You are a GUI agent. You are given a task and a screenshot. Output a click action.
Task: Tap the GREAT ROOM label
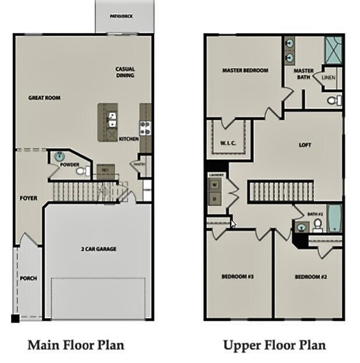coord(44,98)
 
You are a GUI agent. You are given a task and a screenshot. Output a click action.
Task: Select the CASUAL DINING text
coord(125,72)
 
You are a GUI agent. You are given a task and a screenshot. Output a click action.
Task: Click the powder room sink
coord(61,156)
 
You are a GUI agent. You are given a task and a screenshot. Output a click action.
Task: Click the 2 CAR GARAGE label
coord(98,249)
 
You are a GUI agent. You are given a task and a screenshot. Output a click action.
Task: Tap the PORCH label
coord(28,278)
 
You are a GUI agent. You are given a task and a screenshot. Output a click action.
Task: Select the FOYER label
coord(29,198)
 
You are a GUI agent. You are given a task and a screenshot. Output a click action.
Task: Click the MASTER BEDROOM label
coord(245,70)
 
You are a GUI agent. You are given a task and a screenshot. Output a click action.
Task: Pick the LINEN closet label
coord(328,78)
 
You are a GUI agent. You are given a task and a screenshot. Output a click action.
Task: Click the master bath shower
coord(333,46)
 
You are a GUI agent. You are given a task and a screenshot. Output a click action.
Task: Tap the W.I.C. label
coord(227,143)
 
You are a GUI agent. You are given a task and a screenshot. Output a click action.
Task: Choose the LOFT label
coord(306,145)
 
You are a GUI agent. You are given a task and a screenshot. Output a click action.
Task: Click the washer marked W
coord(214,185)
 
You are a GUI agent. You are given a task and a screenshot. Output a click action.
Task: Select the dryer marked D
coord(214,198)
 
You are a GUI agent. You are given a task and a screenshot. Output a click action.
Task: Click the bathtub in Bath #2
coord(335,218)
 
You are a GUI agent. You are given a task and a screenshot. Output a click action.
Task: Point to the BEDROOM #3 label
coord(237,276)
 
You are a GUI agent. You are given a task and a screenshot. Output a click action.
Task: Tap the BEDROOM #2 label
coord(310,277)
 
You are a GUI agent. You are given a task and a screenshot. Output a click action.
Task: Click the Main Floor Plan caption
coord(76,345)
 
